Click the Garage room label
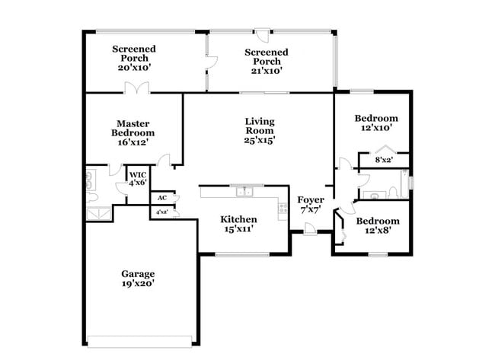[138, 274]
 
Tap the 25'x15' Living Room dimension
[260, 139]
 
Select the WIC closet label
[137, 174]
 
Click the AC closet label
[161, 198]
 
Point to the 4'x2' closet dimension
[161, 212]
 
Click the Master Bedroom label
[132, 128]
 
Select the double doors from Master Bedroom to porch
[137, 89]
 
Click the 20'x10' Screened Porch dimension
[134, 67]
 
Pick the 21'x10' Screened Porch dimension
[266, 71]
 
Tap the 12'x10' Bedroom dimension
[377, 128]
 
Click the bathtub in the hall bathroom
[404, 183]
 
